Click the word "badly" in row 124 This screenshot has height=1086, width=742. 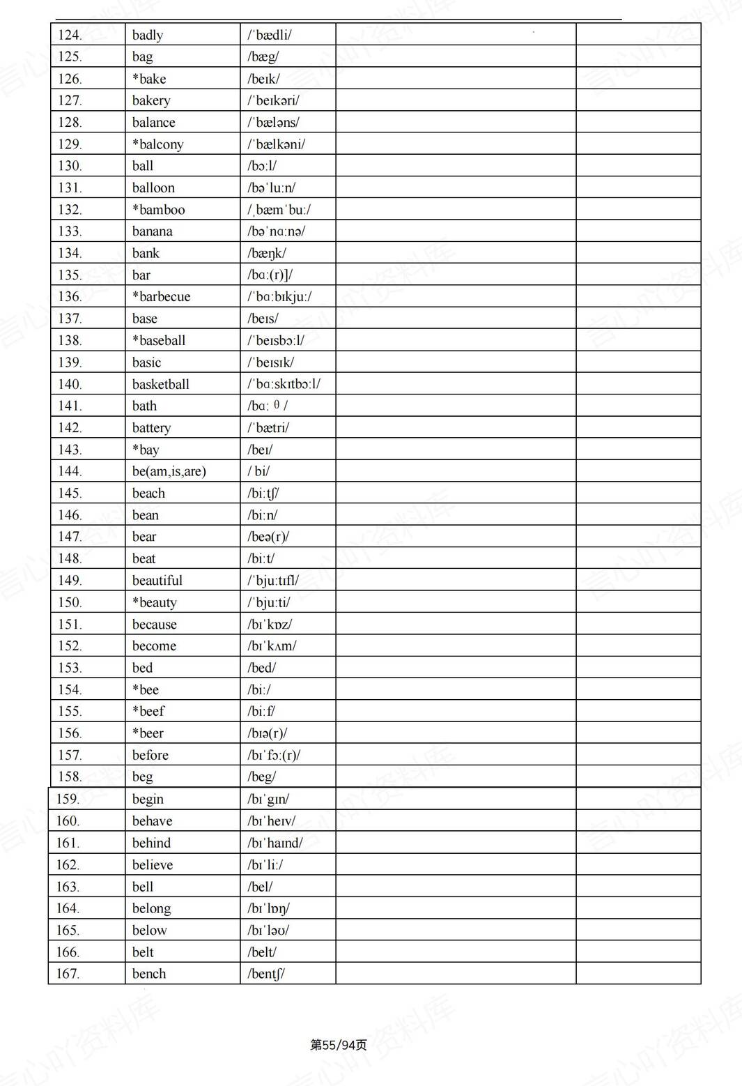148,35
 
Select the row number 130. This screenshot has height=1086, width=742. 70,166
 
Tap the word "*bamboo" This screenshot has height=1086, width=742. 159,210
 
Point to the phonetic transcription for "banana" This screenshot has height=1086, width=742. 276,231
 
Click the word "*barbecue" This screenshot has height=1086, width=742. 161,297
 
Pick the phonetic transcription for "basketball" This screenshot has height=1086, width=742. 284,384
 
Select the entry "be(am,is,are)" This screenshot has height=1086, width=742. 169,471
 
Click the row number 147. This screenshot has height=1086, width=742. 70,537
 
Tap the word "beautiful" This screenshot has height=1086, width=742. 157,581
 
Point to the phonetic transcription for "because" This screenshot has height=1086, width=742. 270,625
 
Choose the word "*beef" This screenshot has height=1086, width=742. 148,712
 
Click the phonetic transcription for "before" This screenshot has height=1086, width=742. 274,756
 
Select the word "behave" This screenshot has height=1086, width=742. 153,821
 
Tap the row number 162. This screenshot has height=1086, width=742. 68,865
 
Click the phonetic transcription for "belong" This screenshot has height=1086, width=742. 268,908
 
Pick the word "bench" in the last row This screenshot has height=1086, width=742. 149,974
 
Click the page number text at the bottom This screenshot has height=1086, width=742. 339,1045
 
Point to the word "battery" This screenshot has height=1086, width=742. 151,428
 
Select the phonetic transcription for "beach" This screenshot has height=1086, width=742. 263,494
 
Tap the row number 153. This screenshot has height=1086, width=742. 70,668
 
